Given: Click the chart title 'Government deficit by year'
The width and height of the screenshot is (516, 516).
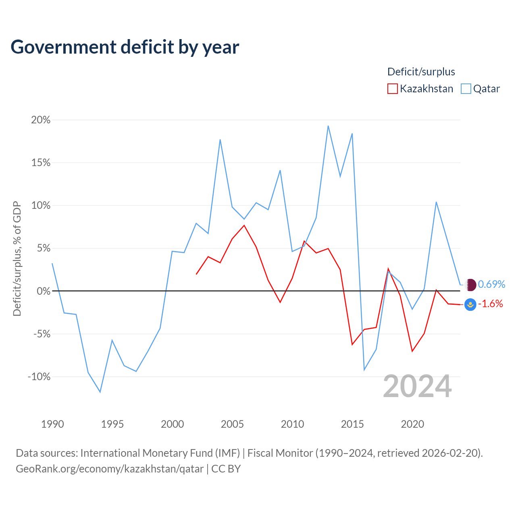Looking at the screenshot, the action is point(125,47).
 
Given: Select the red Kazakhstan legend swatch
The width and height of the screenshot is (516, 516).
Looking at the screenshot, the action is point(392,89).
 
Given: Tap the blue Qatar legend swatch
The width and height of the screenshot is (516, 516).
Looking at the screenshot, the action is point(466,89).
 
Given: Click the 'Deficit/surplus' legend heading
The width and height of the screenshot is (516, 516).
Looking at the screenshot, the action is point(421,72).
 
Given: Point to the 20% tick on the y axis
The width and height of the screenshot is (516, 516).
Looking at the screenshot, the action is point(41,120).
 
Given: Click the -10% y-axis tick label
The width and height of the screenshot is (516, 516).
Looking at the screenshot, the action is point(39,377).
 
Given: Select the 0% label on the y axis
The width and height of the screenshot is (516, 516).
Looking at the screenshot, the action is point(44,291).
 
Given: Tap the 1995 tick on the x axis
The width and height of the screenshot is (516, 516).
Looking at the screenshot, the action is point(112,424).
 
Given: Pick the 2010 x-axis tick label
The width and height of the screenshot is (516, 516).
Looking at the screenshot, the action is point(292,424).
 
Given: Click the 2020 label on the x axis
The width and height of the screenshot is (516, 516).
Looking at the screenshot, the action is point(412,424).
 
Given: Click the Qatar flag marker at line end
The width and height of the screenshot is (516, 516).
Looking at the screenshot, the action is point(470,285).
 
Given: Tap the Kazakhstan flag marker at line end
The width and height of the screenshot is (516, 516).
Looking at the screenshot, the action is point(470,304).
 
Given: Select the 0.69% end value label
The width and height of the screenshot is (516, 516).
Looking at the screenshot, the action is point(491,284).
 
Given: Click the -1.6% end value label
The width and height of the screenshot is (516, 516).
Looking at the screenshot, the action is point(490,304).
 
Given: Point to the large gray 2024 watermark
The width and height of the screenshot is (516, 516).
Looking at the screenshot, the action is point(417,386).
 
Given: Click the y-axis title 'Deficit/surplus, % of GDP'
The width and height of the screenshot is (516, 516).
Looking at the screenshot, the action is point(17,258).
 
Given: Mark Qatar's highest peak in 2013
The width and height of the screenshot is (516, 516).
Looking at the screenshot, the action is point(328,126).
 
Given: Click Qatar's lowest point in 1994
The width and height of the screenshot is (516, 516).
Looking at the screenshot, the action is point(100,392).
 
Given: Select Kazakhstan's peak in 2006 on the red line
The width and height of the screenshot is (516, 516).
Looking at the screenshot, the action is point(244,225).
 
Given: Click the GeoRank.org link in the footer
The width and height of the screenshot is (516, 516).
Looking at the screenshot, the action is point(110,469).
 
